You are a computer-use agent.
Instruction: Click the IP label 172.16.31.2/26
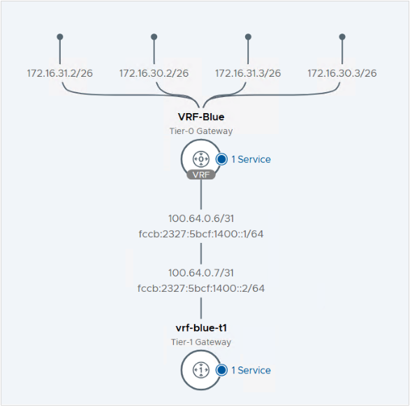click(60, 73)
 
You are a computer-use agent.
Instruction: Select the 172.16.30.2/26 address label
click(154, 73)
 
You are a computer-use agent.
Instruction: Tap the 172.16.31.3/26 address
click(248, 73)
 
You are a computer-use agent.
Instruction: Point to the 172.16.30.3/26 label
click(342, 73)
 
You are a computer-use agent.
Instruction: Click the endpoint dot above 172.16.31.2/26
click(60, 36)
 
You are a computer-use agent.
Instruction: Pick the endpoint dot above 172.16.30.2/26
click(154, 36)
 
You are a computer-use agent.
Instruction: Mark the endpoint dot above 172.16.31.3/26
click(248, 36)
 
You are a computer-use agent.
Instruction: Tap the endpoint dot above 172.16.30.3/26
click(342, 36)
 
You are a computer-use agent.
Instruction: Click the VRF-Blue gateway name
click(201, 117)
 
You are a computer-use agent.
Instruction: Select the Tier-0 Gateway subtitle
click(201, 131)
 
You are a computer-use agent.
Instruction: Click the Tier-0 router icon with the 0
click(201, 158)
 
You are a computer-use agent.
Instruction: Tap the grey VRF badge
click(201, 175)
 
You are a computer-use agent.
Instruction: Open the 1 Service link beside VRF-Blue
click(251, 159)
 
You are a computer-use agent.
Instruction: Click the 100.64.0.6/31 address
click(201, 219)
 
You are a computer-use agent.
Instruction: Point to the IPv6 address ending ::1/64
click(201, 234)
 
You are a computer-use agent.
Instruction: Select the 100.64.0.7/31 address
click(201, 273)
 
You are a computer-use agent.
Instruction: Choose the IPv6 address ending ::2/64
click(201, 288)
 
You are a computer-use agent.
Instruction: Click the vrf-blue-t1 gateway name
click(201, 328)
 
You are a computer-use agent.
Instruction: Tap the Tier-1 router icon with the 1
click(201, 370)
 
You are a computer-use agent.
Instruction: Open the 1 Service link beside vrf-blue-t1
click(251, 370)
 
